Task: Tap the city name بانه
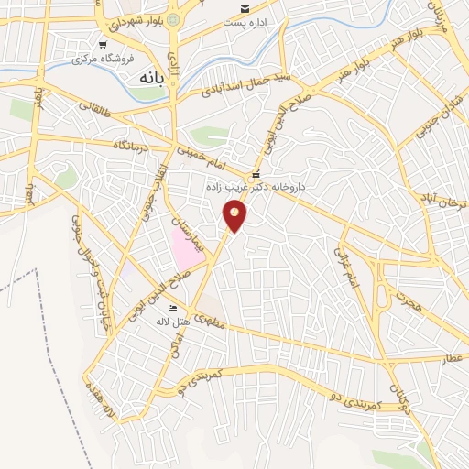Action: click(x=150, y=79)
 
